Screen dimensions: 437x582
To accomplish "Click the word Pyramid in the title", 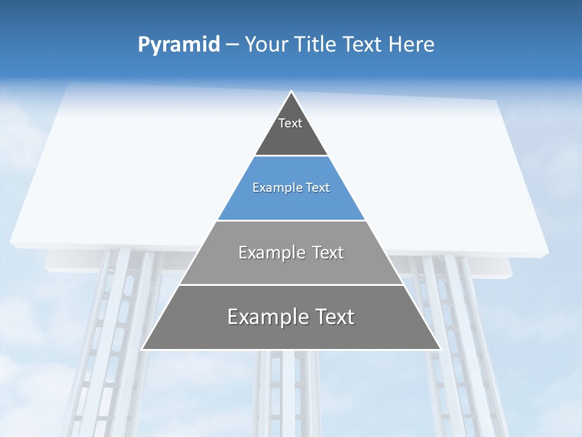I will point(178,45).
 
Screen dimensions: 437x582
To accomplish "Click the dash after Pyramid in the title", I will point(232,45).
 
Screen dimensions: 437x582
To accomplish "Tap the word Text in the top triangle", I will point(290,123).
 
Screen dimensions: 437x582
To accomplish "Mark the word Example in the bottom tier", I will point(264,317).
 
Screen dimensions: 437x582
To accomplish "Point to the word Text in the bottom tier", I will point(332,317).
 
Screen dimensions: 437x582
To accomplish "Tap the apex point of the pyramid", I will point(291,92).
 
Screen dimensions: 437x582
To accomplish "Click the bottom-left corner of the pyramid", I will point(142,349).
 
